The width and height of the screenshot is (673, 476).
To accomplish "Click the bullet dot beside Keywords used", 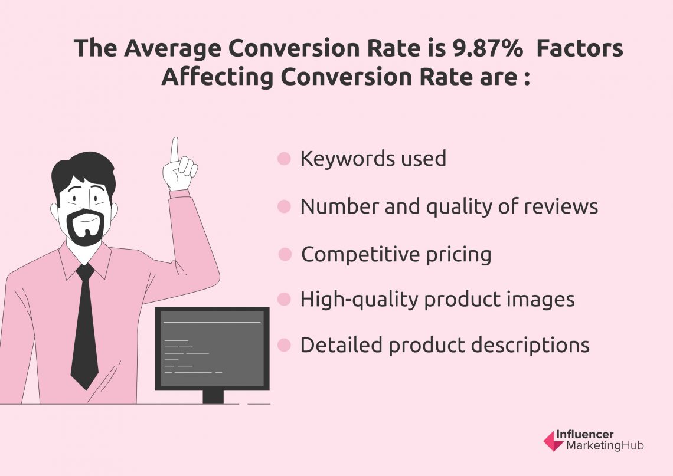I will coord(285,159).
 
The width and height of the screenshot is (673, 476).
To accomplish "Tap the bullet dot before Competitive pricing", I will coord(285,255).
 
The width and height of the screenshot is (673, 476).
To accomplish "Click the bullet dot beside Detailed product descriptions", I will coord(285,345).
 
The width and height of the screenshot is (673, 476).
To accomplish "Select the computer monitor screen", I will coord(212,348).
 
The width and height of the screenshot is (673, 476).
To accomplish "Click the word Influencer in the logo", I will coord(591,435).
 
